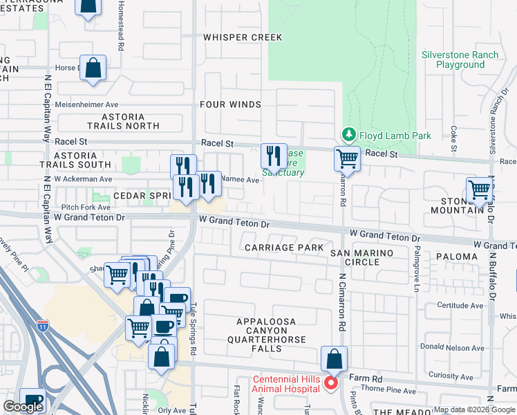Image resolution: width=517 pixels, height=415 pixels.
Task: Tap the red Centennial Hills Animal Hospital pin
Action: point(331,382)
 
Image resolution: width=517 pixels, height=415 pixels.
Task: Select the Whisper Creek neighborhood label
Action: point(233,37)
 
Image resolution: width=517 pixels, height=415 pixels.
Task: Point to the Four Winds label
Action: point(230,104)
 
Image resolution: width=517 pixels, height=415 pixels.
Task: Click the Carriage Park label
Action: point(284,247)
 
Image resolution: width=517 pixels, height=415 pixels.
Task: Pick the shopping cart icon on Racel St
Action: point(347,158)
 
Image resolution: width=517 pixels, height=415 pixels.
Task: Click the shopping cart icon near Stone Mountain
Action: point(478,190)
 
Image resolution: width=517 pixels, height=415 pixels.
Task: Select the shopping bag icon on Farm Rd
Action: point(334,359)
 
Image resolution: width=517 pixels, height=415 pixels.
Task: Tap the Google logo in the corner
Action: point(23,407)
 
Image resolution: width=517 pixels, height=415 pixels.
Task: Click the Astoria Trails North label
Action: point(123,122)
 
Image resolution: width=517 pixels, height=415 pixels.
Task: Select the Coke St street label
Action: point(454,138)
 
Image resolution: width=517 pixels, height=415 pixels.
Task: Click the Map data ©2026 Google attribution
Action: point(473,409)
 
